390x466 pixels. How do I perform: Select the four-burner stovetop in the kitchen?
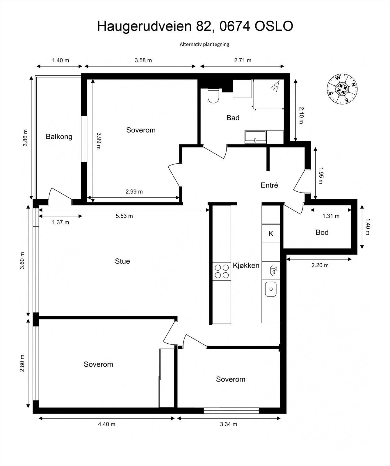click(x=222, y=271)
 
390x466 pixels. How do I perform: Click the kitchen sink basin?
click(x=271, y=289)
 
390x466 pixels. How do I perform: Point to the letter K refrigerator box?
click(x=271, y=233)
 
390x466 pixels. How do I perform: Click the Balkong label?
click(x=59, y=137)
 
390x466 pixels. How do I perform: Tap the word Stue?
click(x=122, y=261)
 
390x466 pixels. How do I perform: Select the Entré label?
click(x=269, y=185)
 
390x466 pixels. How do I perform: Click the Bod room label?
click(x=322, y=232)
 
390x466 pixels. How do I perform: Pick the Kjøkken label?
click(x=246, y=265)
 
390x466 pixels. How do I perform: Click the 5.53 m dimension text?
click(x=124, y=216)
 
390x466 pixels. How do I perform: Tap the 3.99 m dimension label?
click(x=99, y=141)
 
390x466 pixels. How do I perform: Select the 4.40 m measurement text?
click(x=107, y=424)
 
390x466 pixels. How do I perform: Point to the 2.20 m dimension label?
click(x=320, y=265)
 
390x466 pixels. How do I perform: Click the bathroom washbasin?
click(x=256, y=137)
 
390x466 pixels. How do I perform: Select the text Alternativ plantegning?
click(x=204, y=44)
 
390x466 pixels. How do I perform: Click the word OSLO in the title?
click(x=274, y=26)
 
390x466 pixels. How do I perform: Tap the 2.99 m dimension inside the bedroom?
click(x=134, y=192)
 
